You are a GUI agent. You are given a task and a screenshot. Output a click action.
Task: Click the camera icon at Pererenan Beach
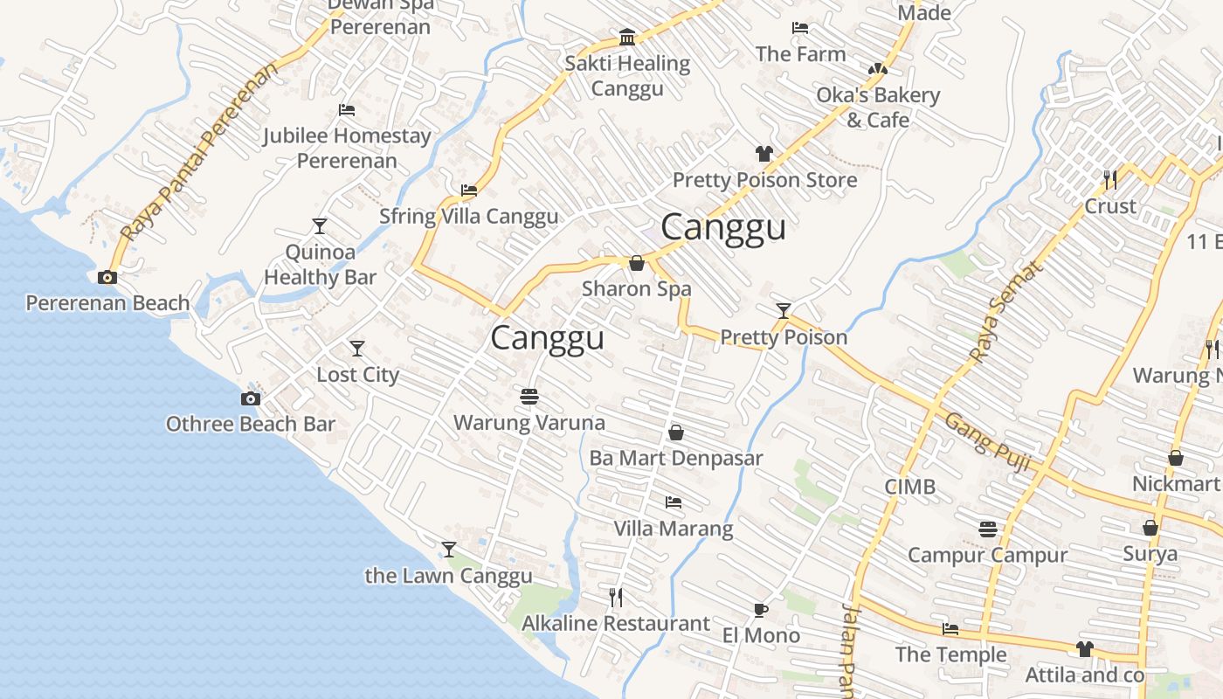coord(107,278)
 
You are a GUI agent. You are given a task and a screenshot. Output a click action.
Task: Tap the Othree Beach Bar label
coord(251,424)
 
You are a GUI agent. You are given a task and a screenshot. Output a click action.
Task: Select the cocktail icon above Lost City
coord(356,349)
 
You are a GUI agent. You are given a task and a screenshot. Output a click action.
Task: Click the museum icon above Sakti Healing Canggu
coord(626,37)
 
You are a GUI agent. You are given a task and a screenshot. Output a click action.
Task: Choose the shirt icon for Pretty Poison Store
coord(764,154)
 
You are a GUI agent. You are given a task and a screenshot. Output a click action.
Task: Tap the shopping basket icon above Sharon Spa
coord(637,262)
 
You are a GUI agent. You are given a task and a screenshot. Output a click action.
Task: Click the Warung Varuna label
coord(529,423)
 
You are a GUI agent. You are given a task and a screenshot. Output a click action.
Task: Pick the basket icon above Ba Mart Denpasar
coord(675,433)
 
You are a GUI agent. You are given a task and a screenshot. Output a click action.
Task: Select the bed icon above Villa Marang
coord(673,502)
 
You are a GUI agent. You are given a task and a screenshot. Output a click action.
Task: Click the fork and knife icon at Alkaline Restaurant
coord(616,597)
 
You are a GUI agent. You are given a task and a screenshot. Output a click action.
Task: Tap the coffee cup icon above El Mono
coord(761,610)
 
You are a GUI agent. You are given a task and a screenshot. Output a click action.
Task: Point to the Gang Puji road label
coord(988,435)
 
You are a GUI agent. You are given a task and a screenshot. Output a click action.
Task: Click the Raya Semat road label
coord(1007,312)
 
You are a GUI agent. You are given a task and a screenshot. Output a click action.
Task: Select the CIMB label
coord(909,487)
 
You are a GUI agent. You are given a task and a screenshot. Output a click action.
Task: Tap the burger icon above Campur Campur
coord(988,529)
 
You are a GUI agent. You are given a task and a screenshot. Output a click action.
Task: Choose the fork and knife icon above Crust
coord(1109,180)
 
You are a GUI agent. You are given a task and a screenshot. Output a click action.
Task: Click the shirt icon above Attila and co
coord(1084,648)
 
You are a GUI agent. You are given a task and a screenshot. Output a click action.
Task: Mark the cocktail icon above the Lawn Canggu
coord(449,550)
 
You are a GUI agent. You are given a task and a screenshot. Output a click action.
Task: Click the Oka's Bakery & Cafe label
coord(878,107)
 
